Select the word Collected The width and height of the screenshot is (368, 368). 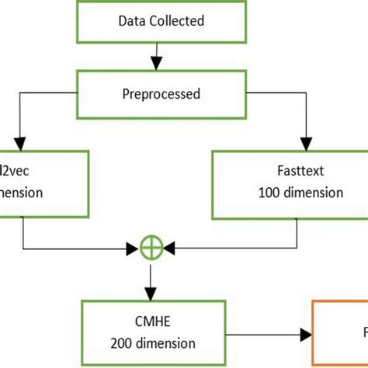(175, 21)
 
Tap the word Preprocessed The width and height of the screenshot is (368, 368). (160, 94)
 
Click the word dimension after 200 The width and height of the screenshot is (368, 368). (170, 342)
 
